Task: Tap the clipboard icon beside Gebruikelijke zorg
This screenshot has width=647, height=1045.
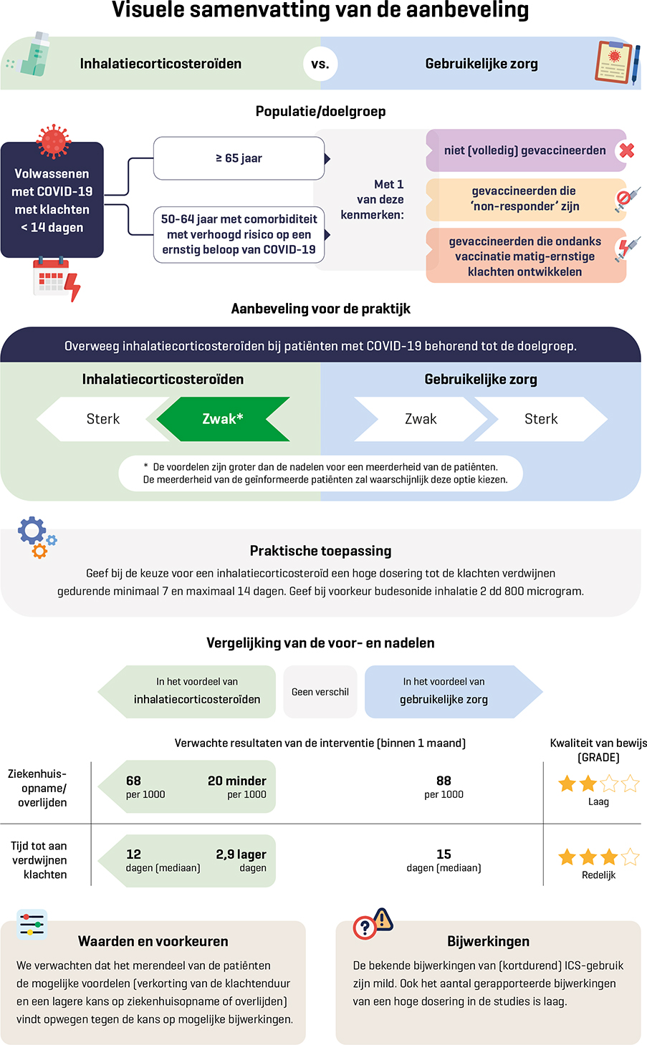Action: click(615, 63)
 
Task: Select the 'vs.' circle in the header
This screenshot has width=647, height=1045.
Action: click(320, 64)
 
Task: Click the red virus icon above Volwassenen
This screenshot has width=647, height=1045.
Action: click(54, 140)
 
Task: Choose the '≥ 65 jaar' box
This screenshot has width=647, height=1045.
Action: click(239, 158)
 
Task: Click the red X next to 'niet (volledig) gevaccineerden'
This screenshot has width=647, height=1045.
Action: click(626, 150)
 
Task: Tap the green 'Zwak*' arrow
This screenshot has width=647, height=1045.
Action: click(223, 419)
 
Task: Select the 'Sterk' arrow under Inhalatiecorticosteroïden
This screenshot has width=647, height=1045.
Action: click(102, 419)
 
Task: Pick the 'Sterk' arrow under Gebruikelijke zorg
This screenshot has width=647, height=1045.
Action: click(541, 419)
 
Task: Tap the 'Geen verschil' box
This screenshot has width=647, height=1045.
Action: click(320, 692)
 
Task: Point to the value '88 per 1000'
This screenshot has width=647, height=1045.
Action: click(444, 786)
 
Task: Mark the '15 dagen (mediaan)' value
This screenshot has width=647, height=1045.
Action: click(444, 859)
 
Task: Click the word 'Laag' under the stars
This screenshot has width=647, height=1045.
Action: click(598, 801)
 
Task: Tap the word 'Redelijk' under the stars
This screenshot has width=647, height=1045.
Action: click(598, 875)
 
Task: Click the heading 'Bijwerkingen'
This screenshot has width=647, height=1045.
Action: click(488, 941)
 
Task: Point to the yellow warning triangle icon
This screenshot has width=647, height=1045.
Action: click(383, 919)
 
